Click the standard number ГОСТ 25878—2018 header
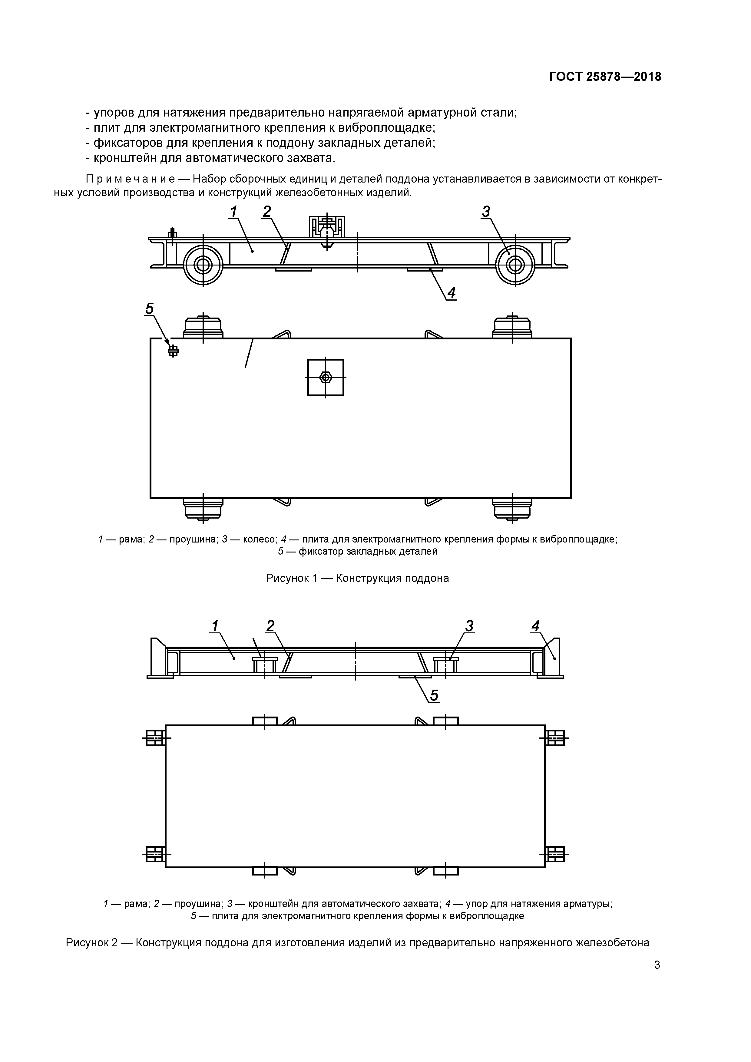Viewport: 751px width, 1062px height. coord(605,77)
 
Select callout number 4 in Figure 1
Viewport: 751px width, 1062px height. coord(451,292)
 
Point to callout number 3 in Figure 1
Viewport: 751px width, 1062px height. coord(485,212)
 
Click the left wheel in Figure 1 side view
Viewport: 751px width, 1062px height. coord(203,265)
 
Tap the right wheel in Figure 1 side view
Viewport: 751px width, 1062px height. coord(514,265)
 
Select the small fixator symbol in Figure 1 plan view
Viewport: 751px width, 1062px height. coord(173,351)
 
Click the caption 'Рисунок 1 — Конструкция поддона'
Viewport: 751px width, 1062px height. coord(357,578)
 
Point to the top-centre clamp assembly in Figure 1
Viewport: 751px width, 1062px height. coord(327,228)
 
